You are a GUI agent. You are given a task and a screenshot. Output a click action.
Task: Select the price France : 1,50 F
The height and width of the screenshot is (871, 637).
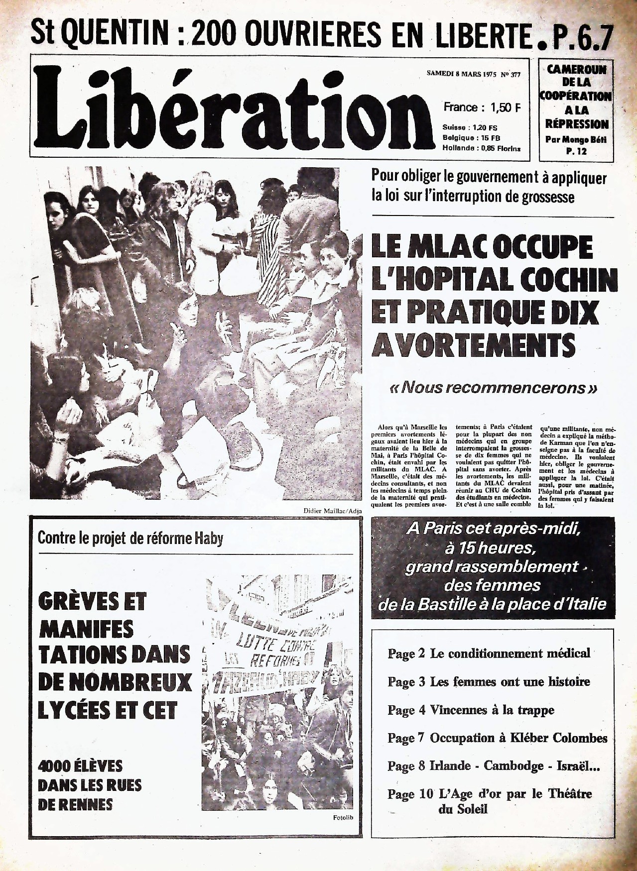click(x=482, y=107)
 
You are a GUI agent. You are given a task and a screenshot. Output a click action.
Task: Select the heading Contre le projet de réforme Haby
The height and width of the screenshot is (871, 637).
click(x=130, y=538)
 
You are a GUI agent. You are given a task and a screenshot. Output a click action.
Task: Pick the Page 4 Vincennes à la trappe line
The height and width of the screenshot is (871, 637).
click(x=471, y=710)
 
